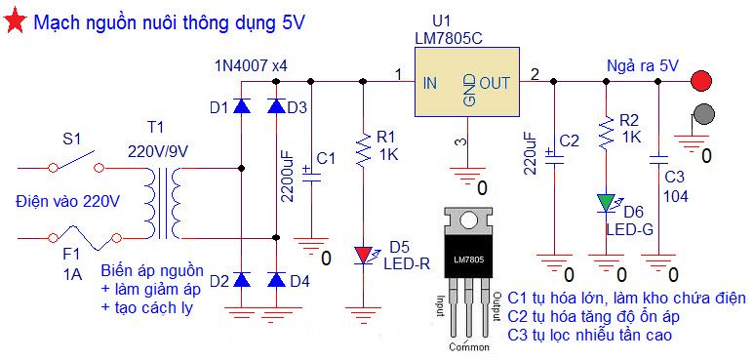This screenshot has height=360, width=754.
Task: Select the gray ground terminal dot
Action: click(x=703, y=114)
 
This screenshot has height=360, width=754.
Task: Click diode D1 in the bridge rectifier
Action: click(x=241, y=105)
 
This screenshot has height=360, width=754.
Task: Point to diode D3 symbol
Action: click(x=276, y=105)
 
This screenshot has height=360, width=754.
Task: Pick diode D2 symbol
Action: click(x=241, y=279)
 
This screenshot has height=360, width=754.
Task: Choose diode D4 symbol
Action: click(x=276, y=279)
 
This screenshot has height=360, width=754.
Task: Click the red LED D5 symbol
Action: click(x=365, y=256)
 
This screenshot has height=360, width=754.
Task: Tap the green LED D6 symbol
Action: click(x=607, y=203)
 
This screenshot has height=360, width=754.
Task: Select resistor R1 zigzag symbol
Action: click(x=364, y=149)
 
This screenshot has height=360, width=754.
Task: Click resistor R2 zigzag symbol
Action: click(x=607, y=131)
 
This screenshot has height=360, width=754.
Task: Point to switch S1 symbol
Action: click(x=77, y=162)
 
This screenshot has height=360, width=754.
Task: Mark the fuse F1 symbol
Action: click(x=84, y=239)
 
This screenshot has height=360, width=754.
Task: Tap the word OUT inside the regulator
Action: click(x=495, y=83)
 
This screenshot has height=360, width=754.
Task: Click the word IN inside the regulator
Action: click(x=430, y=83)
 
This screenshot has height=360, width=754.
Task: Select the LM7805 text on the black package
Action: click(x=469, y=260)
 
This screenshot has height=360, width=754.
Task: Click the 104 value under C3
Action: click(x=676, y=196)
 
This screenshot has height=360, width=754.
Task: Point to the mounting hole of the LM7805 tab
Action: click(x=469, y=221)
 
